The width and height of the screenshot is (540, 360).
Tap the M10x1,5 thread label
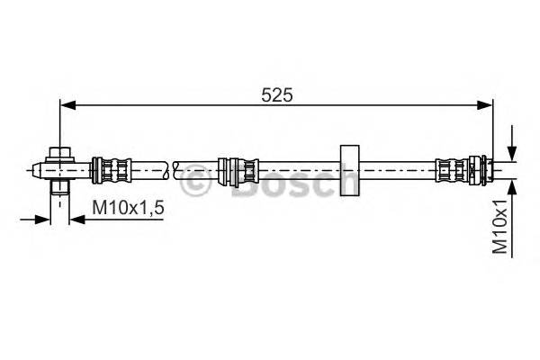coord(129,208)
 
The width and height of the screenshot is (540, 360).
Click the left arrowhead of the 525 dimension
coord(66,106)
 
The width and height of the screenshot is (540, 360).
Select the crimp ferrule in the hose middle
coord(239,167)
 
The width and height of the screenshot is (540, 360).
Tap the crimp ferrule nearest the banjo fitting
coord(112,167)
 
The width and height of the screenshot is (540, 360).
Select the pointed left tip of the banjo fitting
coord(33,167)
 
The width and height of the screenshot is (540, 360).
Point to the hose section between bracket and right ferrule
coord(396,167)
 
